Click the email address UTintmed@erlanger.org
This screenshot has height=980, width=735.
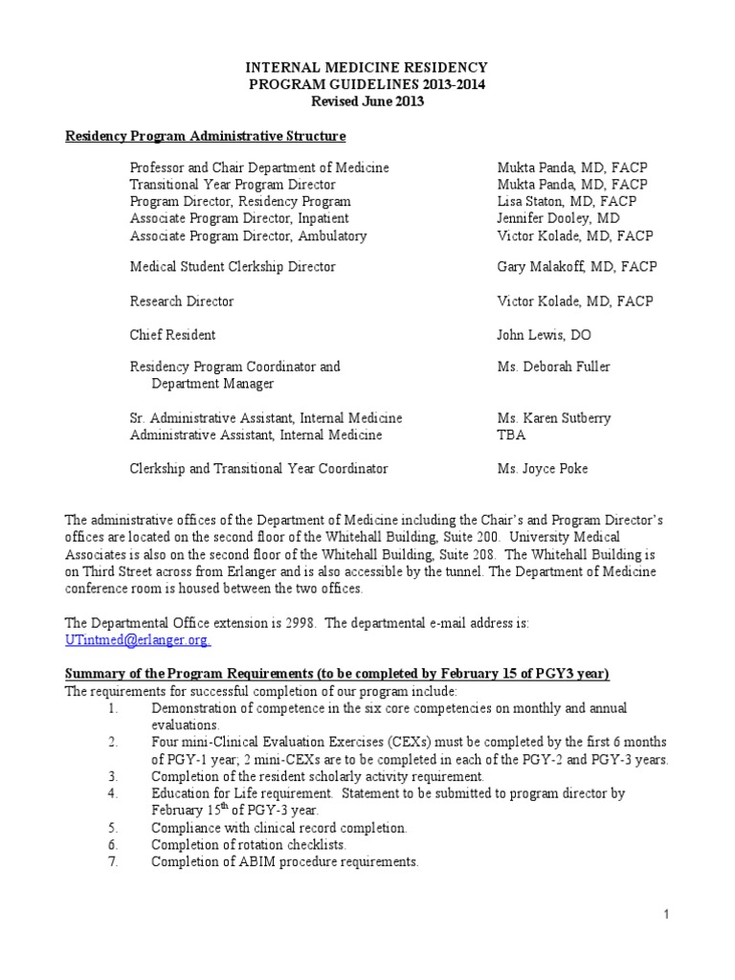[x=138, y=639]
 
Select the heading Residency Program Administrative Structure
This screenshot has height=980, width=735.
[x=205, y=136]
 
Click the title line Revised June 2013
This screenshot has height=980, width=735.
[x=367, y=101]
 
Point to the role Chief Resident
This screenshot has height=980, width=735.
[x=172, y=335]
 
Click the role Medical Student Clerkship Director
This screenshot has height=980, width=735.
[x=233, y=267]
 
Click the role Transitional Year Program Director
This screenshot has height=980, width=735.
[x=233, y=185]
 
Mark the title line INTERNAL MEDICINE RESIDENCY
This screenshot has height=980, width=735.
[x=367, y=68]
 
